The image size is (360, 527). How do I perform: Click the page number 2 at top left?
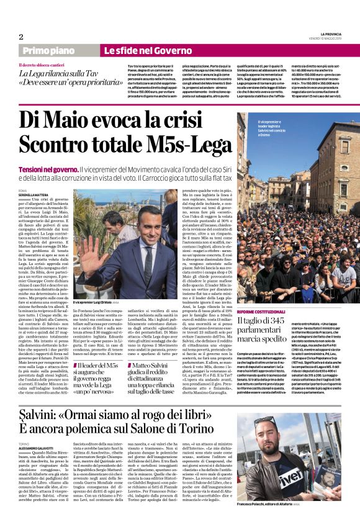21,37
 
